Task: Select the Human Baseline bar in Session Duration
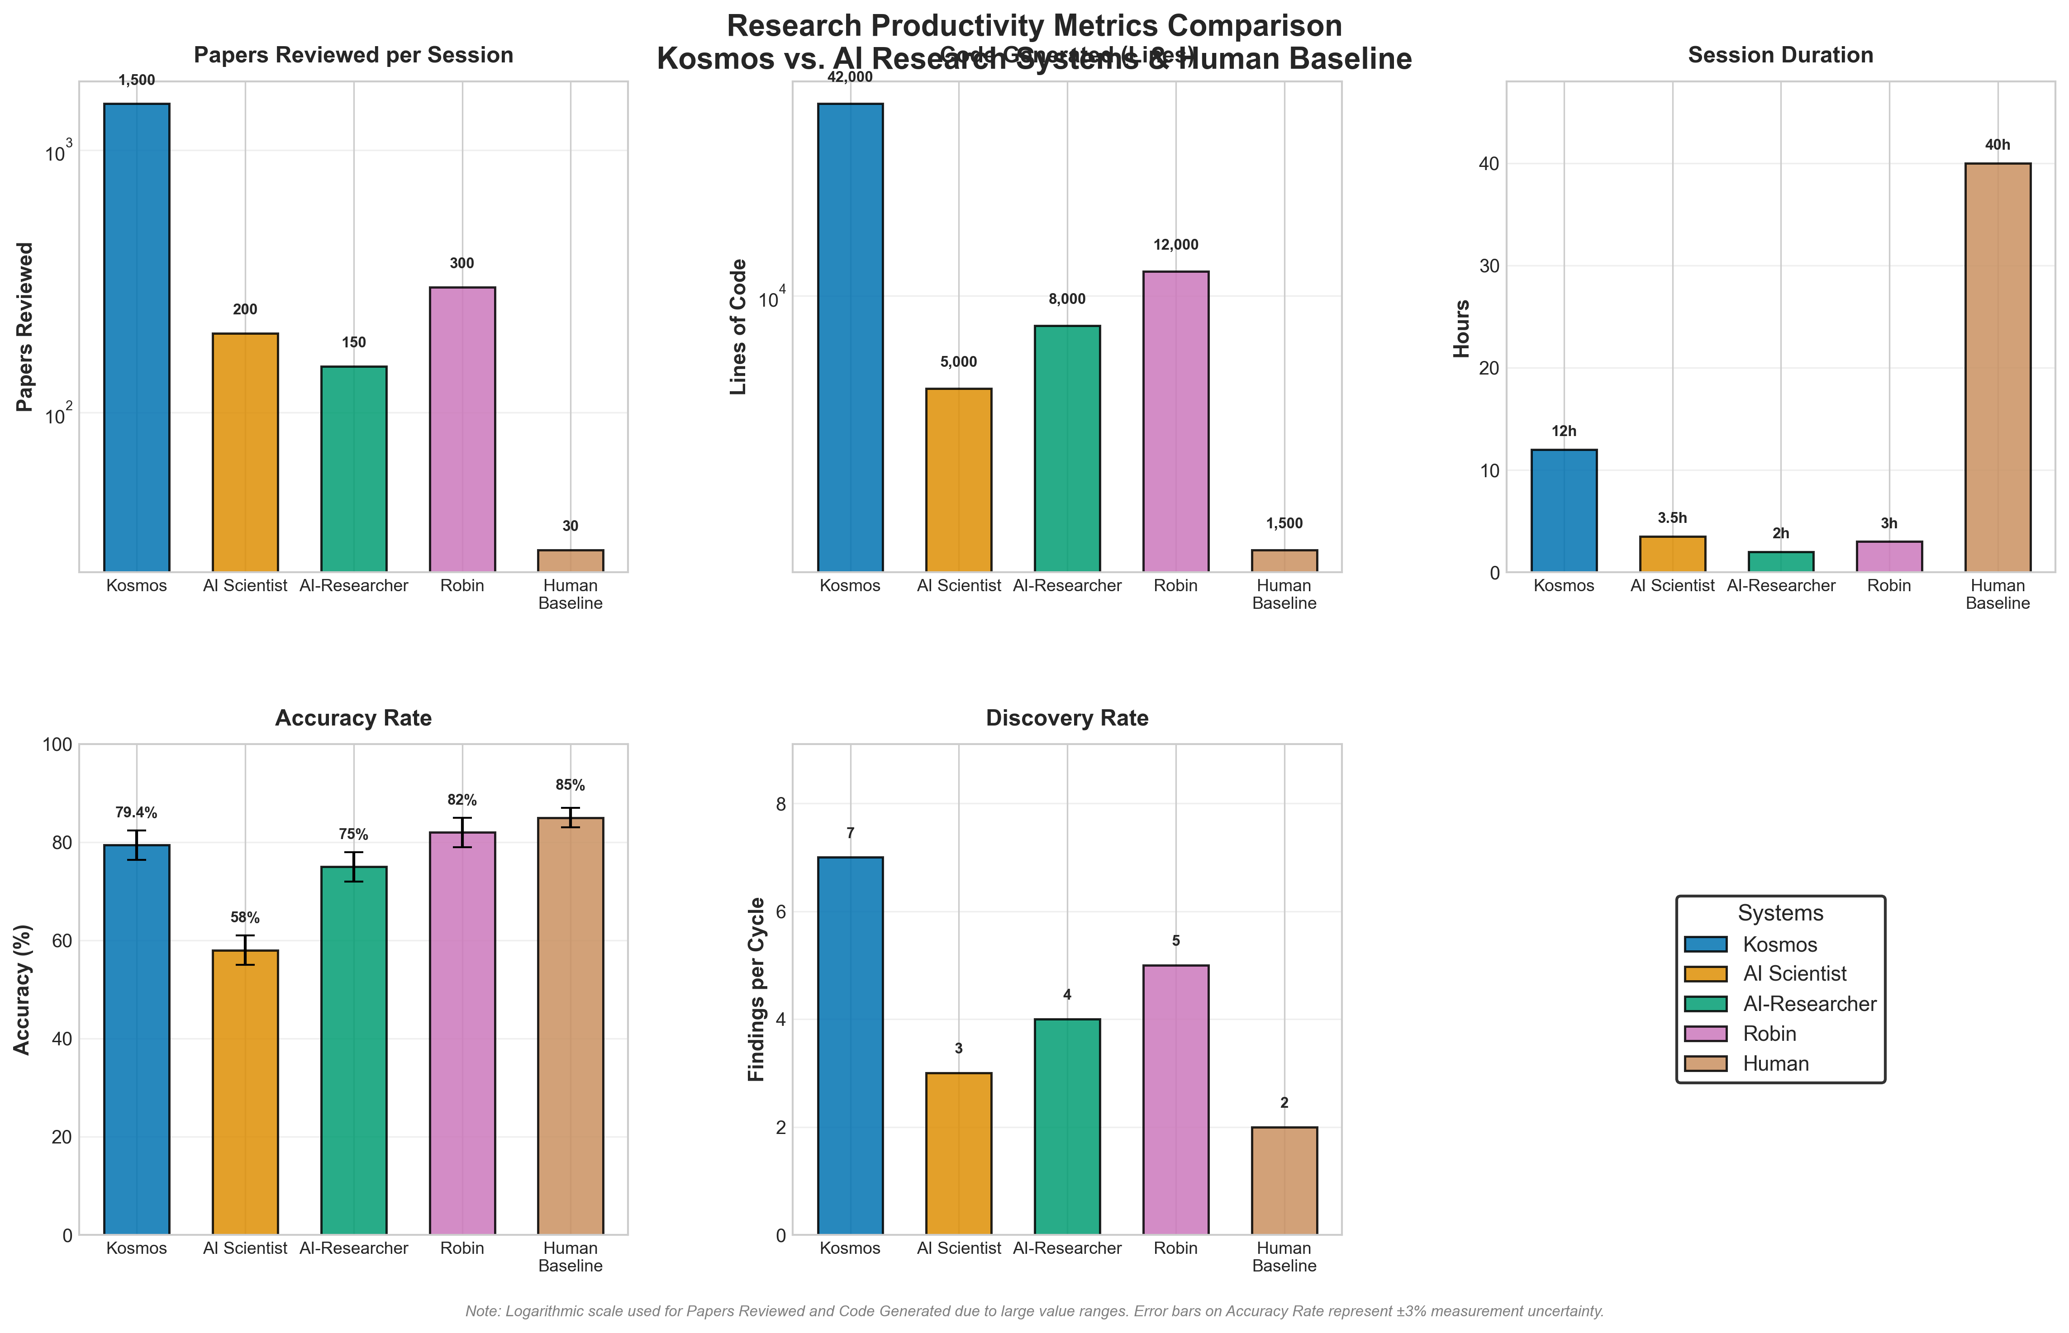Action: (x=1997, y=368)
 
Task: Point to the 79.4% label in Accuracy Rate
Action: (x=136, y=813)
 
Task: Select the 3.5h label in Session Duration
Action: (x=1672, y=517)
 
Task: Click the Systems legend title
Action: (x=1780, y=913)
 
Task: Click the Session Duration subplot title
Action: (x=1780, y=55)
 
